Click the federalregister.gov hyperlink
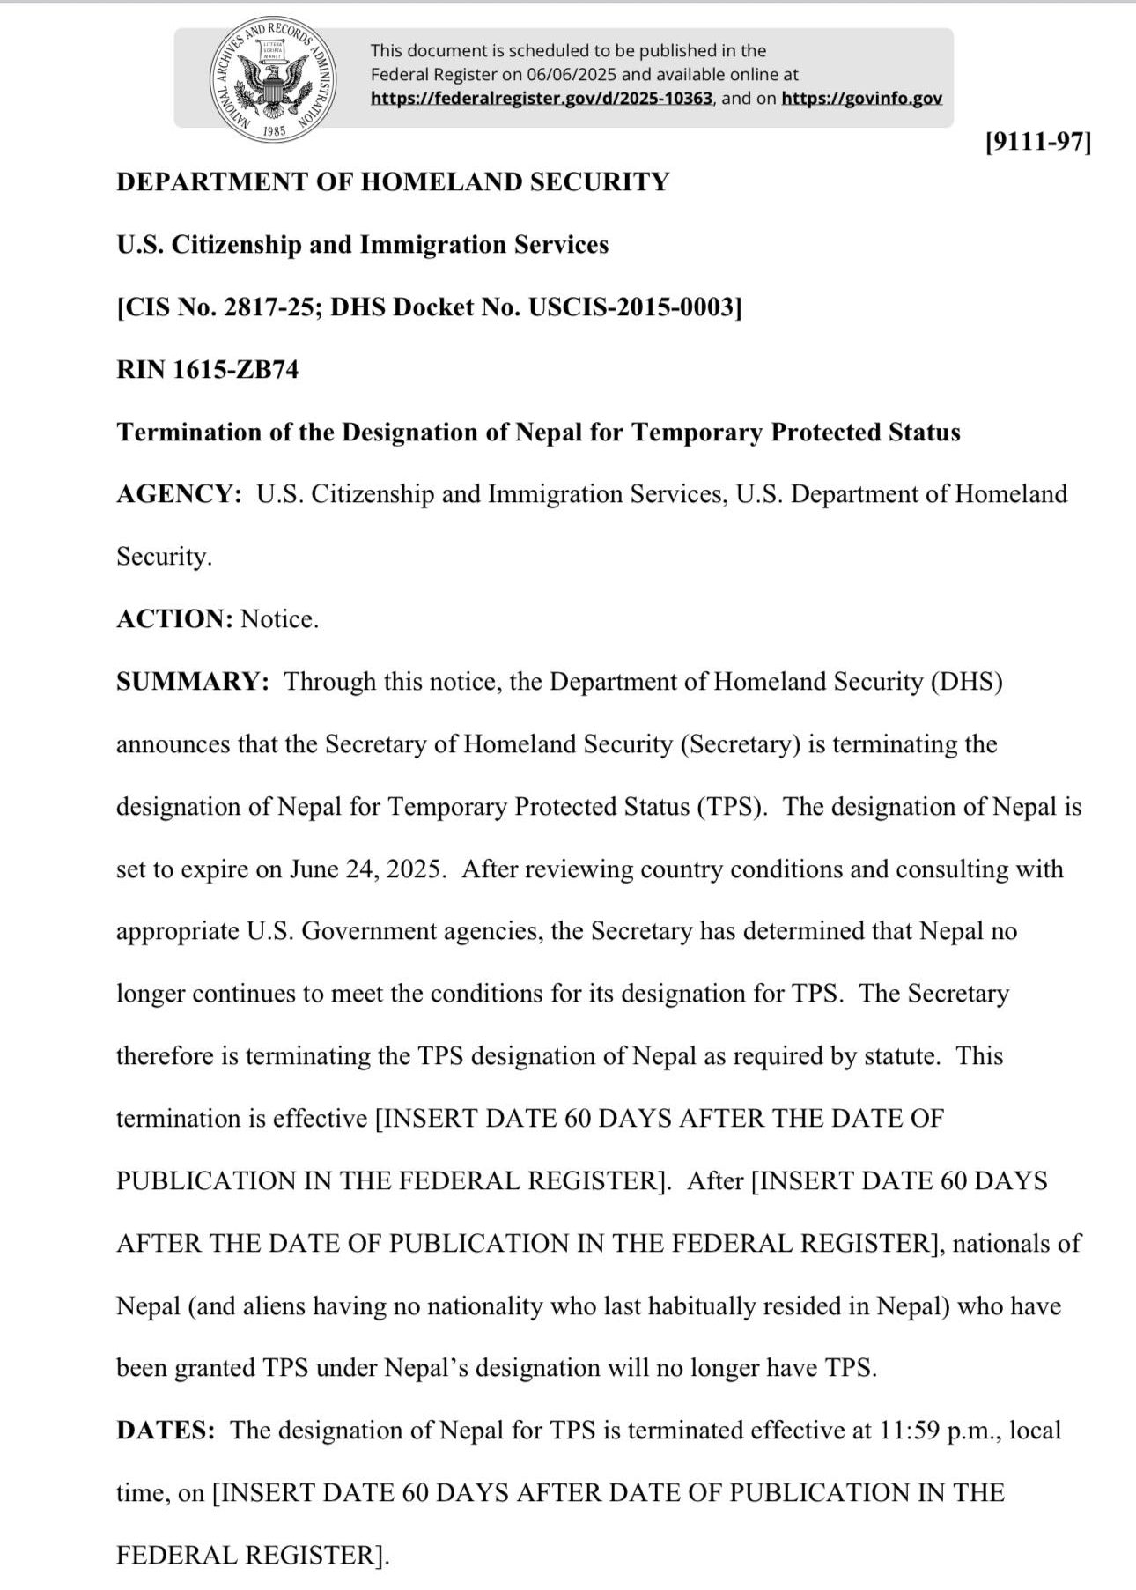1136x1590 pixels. [541, 99]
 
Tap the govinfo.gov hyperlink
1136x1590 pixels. [861, 99]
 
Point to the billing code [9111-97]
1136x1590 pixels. [1038, 142]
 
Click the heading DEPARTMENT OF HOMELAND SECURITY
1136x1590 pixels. [393, 182]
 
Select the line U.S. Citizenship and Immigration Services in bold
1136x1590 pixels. [362, 245]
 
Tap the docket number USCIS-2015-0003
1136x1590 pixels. [631, 307]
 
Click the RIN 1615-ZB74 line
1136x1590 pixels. [207, 369]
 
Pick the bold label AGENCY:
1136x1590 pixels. [179, 494]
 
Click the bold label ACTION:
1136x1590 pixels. [174, 619]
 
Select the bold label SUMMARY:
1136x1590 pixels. [192, 682]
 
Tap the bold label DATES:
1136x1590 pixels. [166, 1430]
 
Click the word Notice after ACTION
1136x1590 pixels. [279, 619]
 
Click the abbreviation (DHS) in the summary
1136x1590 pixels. [966, 682]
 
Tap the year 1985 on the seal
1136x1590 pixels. [274, 131]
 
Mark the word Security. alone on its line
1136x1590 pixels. [164, 557]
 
